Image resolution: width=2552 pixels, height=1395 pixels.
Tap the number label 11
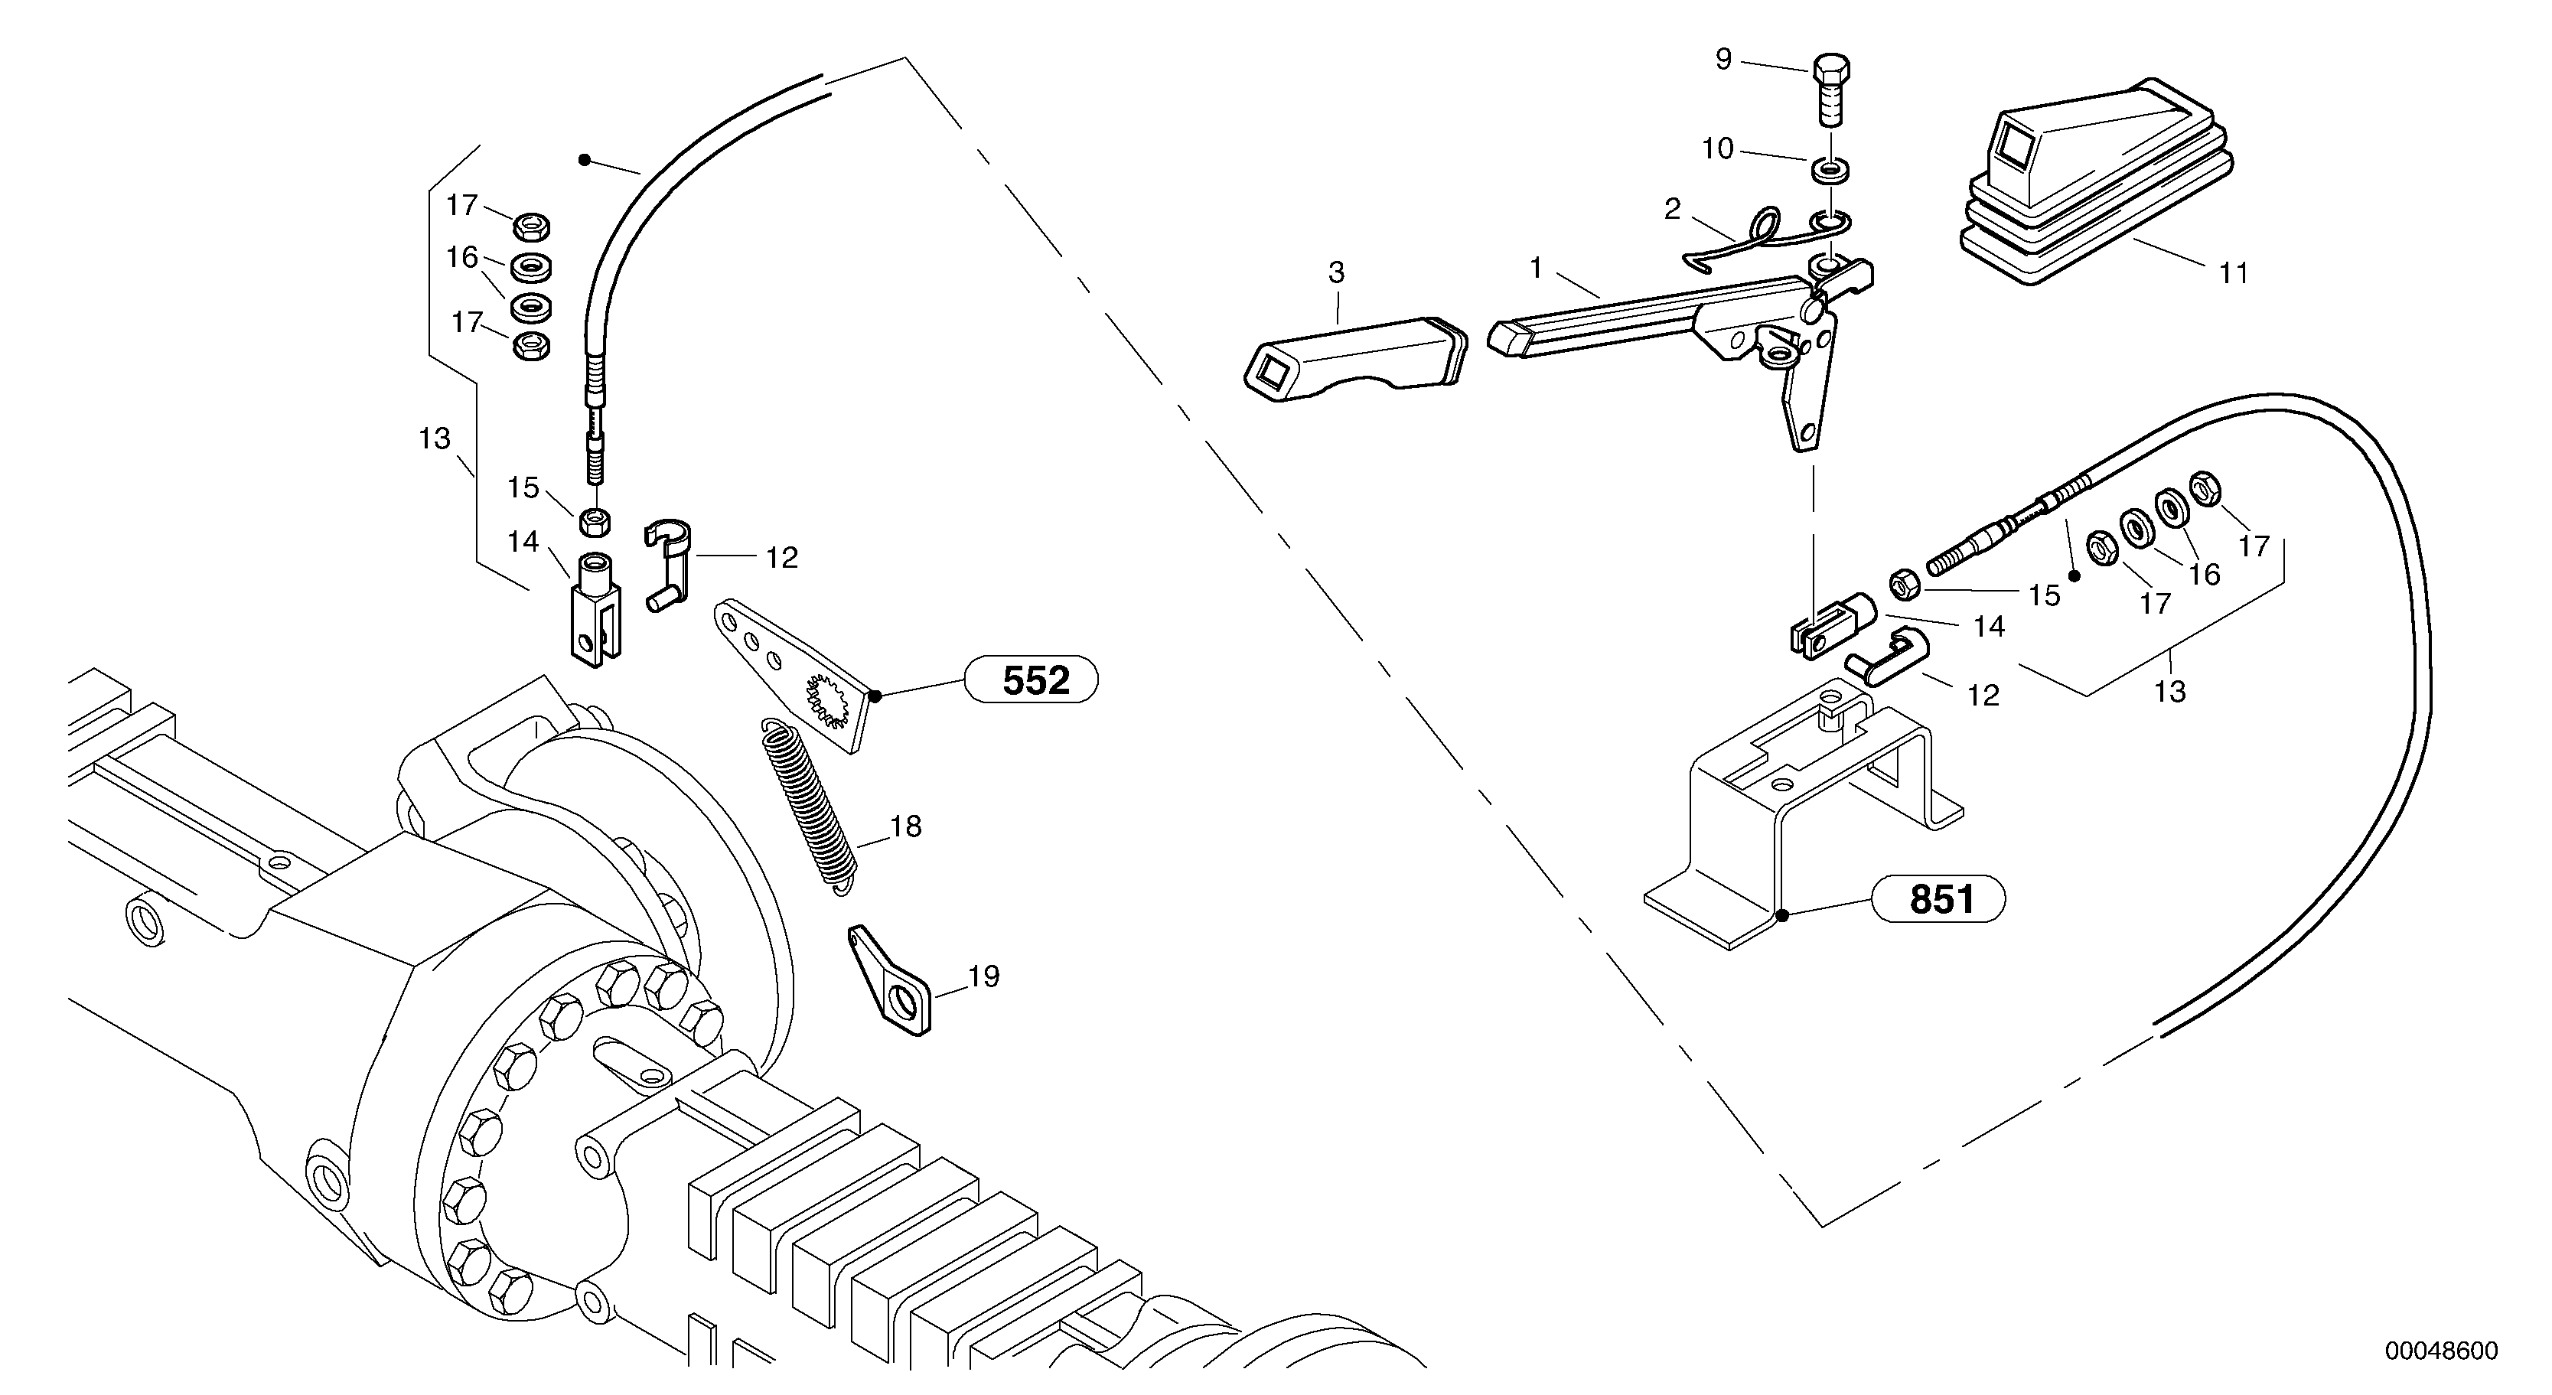(2233, 273)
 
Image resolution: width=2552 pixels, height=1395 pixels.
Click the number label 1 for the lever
(1536, 268)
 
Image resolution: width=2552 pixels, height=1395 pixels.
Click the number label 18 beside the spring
(905, 826)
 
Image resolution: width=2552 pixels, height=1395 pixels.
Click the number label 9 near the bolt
(1724, 60)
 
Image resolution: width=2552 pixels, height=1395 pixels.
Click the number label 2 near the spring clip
(1672, 209)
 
